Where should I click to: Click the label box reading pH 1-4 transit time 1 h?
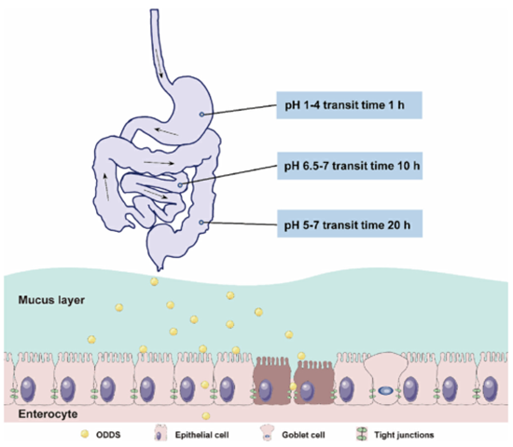click(x=349, y=105)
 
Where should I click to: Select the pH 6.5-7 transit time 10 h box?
click(x=350, y=166)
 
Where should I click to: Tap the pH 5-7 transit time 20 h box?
click(x=350, y=223)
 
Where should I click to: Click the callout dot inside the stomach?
click(x=201, y=115)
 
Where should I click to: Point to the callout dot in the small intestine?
click(x=180, y=185)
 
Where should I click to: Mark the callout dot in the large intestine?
click(x=201, y=223)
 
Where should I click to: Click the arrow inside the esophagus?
click(x=159, y=63)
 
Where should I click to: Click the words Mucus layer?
click(x=51, y=300)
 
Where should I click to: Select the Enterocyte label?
click(x=49, y=414)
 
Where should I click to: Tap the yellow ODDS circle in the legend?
click(x=85, y=434)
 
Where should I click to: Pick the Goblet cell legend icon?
click(x=267, y=433)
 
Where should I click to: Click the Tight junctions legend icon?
click(x=361, y=434)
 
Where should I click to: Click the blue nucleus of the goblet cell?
click(x=386, y=390)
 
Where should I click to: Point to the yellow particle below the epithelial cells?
click(x=206, y=416)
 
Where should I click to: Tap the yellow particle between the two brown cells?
click(x=293, y=386)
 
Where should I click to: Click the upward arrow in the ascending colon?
click(x=106, y=187)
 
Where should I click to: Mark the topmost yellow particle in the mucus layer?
click(x=154, y=281)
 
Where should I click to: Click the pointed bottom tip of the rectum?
click(x=159, y=270)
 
